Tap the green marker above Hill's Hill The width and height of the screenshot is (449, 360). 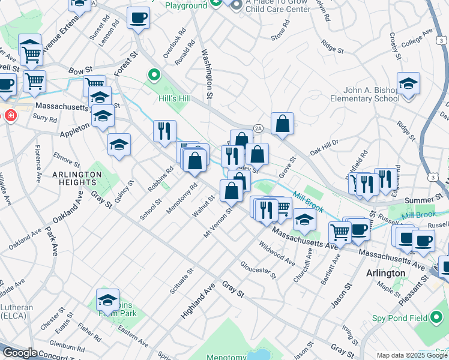pyautogui.click(x=154, y=76)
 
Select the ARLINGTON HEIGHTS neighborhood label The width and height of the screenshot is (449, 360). pyautogui.click(x=77, y=179)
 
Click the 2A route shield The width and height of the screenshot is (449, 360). pyautogui.click(x=258, y=128)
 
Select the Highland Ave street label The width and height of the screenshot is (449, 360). pyautogui.click(x=197, y=301)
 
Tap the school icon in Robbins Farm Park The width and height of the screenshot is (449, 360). pyautogui.click(x=107, y=299)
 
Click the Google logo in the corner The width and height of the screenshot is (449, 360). pyautogui.click(x=20, y=353)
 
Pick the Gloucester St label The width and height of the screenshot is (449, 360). pyautogui.click(x=258, y=271)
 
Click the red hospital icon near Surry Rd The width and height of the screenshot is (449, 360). pyautogui.click(x=10, y=115)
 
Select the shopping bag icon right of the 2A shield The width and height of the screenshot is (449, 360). pyautogui.click(x=282, y=124)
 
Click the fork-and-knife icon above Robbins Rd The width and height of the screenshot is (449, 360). pyautogui.click(x=164, y=131)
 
